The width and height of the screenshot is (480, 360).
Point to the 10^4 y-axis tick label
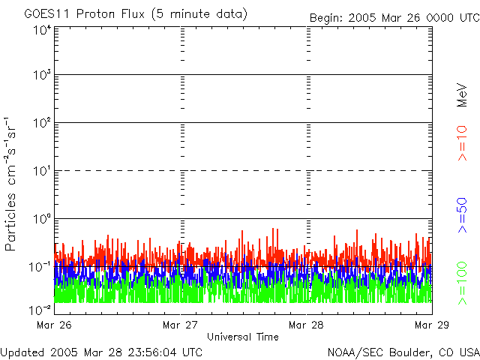41,31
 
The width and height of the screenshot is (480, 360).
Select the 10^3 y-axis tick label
41,76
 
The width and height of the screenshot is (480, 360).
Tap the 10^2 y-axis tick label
41,123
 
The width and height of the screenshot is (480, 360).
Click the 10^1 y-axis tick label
41,171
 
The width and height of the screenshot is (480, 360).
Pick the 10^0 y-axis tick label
41,218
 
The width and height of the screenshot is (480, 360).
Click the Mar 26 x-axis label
55,325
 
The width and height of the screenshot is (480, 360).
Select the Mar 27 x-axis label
181,325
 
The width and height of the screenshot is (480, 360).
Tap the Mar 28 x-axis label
307,325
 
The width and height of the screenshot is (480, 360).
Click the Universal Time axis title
243,337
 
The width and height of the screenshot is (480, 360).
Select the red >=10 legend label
462,142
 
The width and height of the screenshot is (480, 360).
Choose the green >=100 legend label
462,282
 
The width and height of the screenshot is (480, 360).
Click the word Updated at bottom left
22,351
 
